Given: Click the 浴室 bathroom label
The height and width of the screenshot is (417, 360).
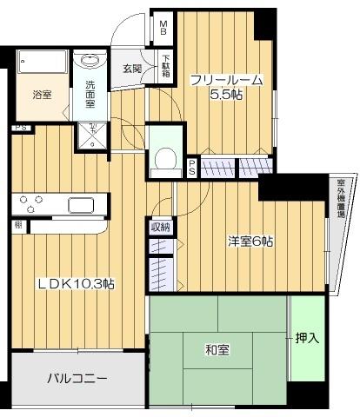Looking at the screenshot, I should coord(42,94).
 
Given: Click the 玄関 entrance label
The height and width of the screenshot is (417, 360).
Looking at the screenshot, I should coord(132,69).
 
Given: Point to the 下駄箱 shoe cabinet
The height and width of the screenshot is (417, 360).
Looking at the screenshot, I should coord(165,68).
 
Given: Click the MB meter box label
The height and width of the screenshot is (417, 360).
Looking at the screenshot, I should coord(163,28).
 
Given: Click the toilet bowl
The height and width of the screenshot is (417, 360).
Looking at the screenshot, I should coord(163,160).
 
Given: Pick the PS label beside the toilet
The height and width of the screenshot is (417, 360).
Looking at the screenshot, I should coord(192,166).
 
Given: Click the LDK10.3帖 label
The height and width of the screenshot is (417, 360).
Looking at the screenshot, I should coord(76,284).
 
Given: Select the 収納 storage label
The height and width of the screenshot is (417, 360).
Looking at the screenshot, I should coord(162,228).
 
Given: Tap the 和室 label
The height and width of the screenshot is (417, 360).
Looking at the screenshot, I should coord(217,350).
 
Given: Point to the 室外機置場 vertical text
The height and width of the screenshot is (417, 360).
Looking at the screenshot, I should coord(341,200).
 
